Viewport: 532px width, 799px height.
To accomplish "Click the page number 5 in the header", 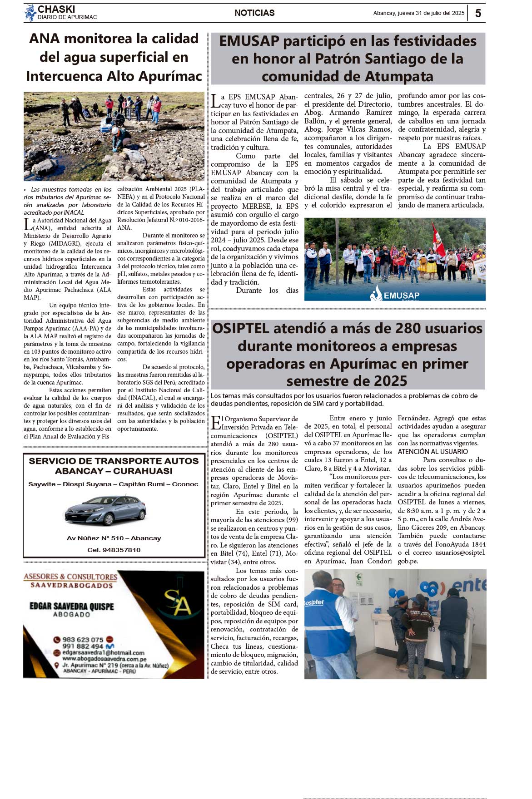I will tap(478, 13).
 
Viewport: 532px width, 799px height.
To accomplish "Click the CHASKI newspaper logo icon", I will tap(30, 13).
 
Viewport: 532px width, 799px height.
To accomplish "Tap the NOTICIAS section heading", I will tap(254, 13).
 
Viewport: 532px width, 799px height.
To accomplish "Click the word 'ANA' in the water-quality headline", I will tap(45, 39).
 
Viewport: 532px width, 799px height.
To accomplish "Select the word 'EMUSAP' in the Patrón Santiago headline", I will tap(249, 41).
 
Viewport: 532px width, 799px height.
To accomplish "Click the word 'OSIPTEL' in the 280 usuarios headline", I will tap(247, 328).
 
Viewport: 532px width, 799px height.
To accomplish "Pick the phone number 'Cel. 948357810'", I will tap(114, 550).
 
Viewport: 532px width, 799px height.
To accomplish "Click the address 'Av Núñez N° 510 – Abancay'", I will tap(114, 538).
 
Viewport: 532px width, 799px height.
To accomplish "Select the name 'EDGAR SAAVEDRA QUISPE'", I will tap(72, 607).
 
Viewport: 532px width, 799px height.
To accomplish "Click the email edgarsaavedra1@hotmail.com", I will tap(103, 652).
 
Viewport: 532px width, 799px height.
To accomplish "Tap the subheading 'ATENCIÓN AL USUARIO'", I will tap(433, 452).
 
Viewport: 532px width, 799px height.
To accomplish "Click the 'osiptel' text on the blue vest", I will tap(314, 602).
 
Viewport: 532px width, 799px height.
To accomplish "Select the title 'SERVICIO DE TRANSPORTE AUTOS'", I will tap(114, 461).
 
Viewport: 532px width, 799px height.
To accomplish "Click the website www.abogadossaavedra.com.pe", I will tap(104, 659).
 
